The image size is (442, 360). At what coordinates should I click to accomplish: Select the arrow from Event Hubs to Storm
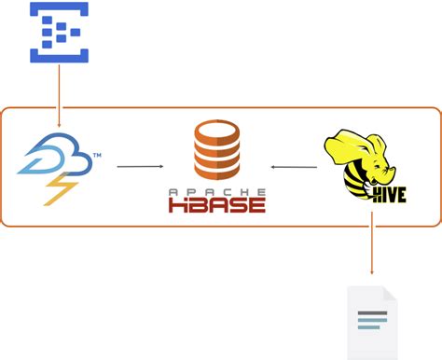click(59, 93)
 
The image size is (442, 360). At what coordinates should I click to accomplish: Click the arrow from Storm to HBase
click(140, 167)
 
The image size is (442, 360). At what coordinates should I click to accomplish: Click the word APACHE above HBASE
click(216, 191)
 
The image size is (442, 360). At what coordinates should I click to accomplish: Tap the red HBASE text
click(217, 204)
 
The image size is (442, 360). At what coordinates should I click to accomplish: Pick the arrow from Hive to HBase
click(294, 167)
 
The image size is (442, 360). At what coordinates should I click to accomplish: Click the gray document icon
click(372, 323)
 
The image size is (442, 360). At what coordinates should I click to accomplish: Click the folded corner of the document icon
click(391, 293)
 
